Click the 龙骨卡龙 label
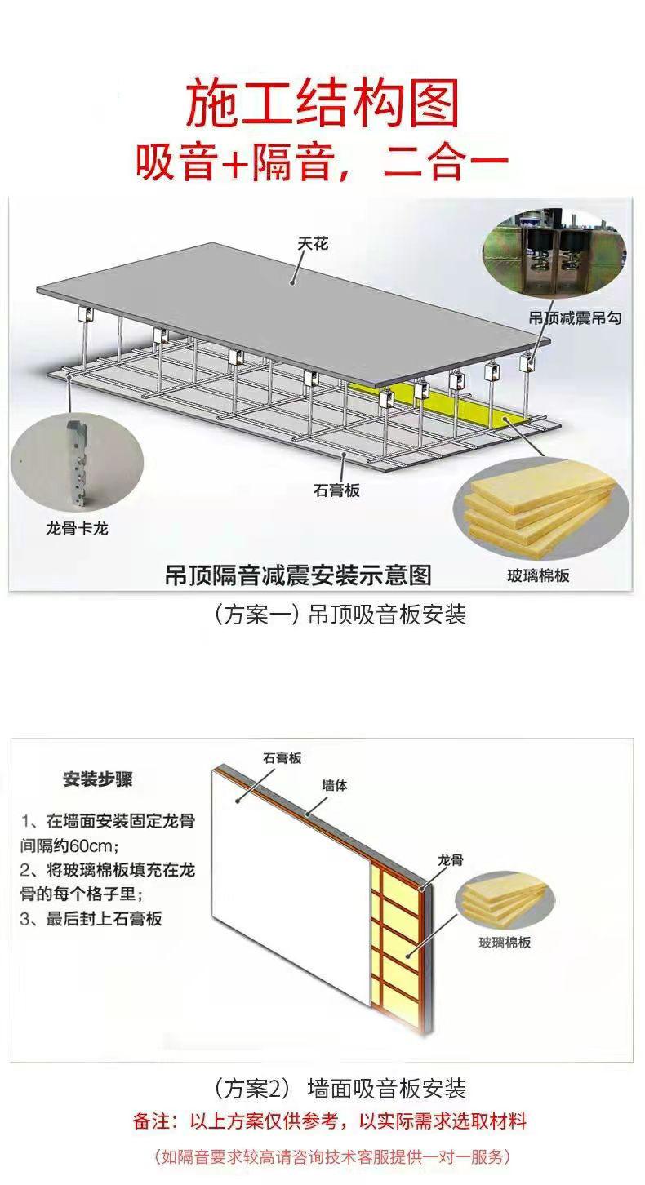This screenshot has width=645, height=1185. coord(77,529)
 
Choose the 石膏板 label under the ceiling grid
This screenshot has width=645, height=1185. coord(336,490)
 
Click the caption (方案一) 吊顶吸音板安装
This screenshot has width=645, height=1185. coord(339,615)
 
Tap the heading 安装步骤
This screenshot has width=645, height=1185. coord(97,779)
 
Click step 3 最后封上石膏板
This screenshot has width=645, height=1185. coord(91,918)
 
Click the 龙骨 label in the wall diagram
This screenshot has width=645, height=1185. coord(450,860)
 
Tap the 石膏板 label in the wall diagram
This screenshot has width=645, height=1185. coord(282,758)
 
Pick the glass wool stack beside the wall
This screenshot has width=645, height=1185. coord(504,901)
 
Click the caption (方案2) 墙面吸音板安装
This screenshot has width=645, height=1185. coord(339,1089)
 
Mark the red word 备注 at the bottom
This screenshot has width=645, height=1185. coord(152,1121)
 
